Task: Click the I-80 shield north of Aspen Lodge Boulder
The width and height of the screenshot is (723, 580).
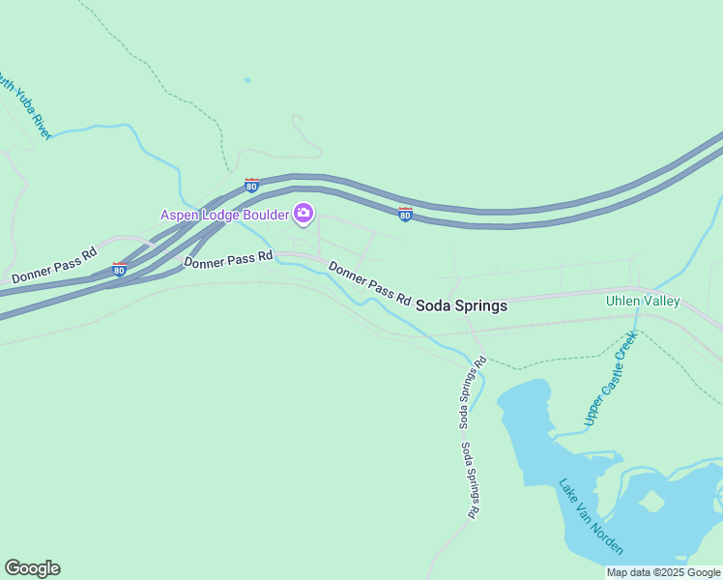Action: coord(251,185)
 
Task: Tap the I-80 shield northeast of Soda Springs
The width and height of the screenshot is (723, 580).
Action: coord(406,214)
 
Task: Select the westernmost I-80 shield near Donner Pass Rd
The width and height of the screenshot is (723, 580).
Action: coord(119,270)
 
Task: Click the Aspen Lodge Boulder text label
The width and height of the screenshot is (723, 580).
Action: coord(224,214)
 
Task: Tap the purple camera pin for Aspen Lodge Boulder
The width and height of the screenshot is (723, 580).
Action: coord(304,214)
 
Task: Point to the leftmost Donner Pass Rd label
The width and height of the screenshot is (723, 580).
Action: coord(54,265)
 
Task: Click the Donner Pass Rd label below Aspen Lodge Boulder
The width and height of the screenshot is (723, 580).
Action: coord(228,260)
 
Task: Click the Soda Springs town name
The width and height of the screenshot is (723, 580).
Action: coord(461,305)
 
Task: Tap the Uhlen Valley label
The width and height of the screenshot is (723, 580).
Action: coord(643,301)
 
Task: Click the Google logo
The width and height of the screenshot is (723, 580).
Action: coord(32,568)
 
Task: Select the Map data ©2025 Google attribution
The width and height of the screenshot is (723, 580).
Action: coord(663,572)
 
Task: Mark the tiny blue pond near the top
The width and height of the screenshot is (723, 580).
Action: coord(247,80)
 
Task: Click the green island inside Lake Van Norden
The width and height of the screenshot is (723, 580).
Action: coord(651,501)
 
